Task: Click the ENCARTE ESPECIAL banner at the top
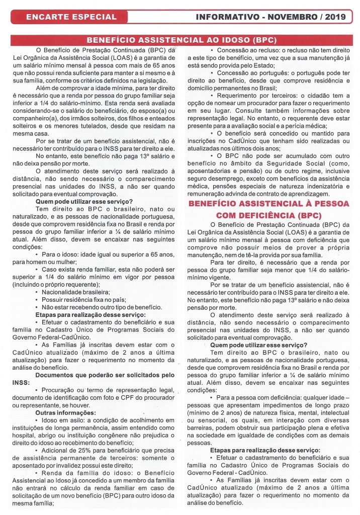[71, 17]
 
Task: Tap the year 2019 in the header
[335, 17]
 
